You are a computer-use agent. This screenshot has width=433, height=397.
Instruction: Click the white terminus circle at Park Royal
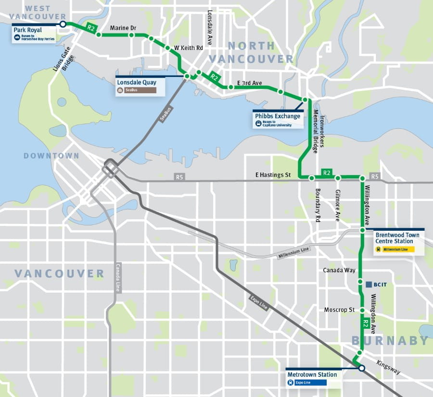point(63,24)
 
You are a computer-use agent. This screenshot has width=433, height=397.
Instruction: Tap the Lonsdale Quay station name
point(136,82)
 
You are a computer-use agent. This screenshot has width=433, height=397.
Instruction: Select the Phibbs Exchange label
point(278,116)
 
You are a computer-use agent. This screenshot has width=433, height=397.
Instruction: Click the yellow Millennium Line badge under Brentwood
point(395,249)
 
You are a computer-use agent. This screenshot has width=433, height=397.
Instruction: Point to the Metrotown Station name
point(312,374)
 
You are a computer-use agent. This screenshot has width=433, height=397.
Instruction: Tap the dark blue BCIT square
point(369,285)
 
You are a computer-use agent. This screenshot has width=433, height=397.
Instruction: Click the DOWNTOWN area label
point(51,156)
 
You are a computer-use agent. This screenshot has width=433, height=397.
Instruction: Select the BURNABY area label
point(390,341)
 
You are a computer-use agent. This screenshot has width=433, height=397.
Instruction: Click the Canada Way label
point(339,270)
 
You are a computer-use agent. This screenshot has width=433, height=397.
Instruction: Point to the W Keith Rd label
point(189,48)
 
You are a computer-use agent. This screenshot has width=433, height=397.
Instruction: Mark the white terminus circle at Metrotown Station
point(361,368)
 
